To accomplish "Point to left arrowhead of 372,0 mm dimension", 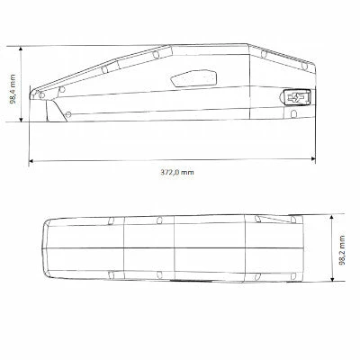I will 32,162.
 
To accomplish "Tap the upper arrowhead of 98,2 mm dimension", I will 337,216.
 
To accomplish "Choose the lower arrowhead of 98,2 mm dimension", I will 337,284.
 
